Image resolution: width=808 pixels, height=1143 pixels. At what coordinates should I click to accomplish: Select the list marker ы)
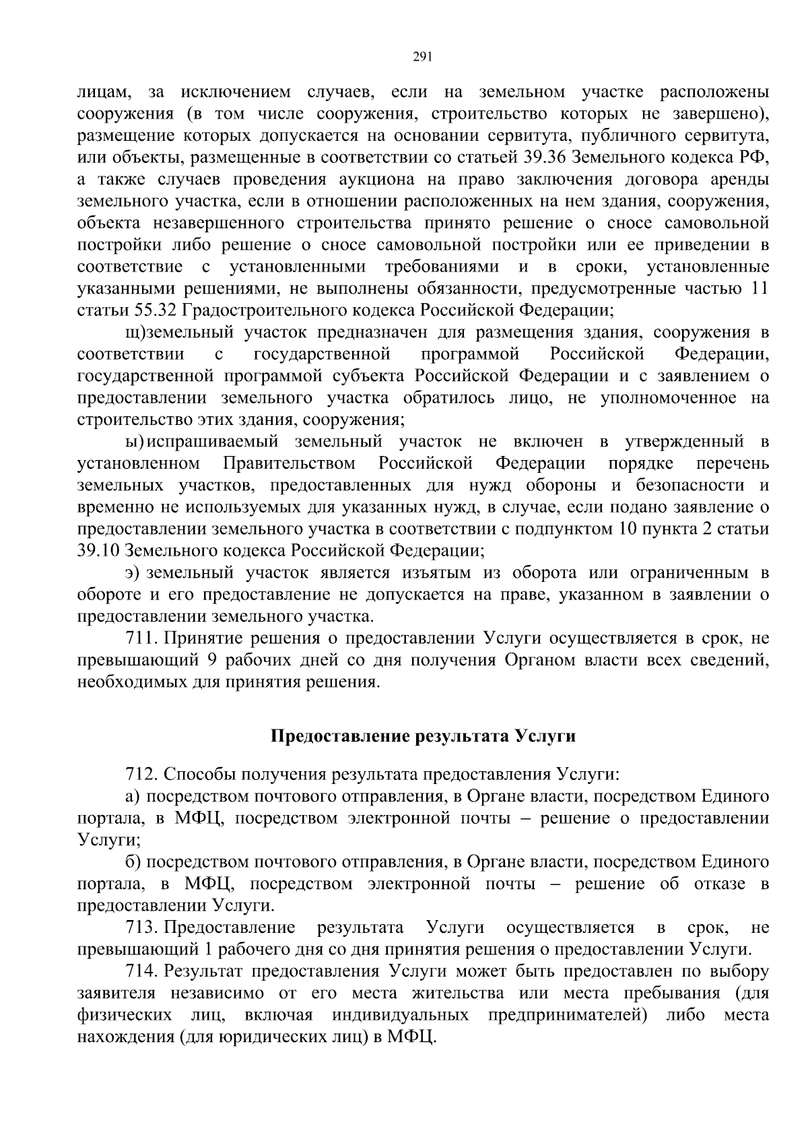pyautogui.click(x=135, y=442)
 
